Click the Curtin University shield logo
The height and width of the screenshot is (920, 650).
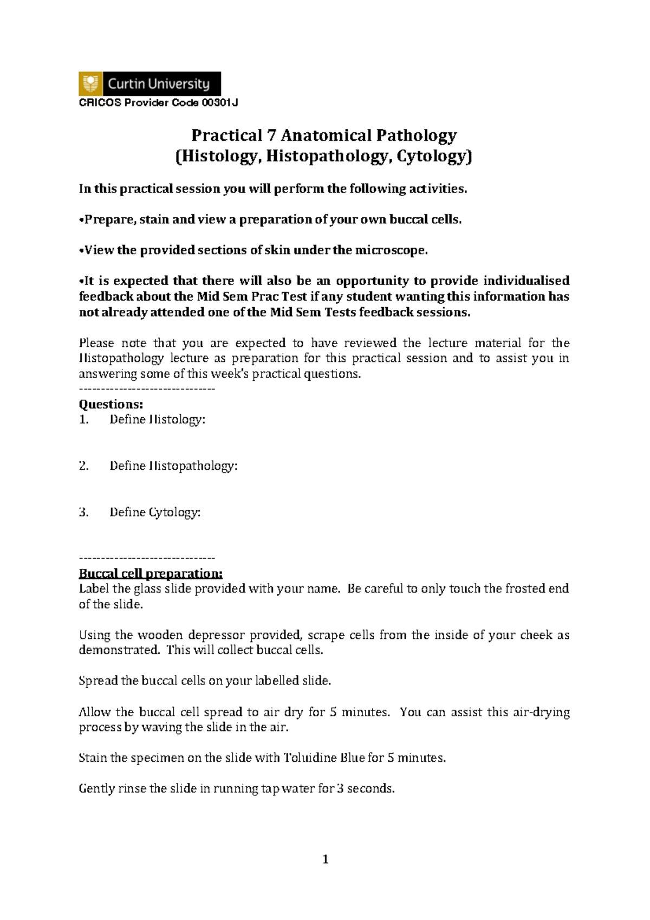90,84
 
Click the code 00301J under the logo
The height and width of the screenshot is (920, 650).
219,103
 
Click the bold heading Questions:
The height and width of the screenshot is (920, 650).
111,404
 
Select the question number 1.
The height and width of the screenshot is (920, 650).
83,419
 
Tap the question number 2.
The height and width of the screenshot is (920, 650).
83,466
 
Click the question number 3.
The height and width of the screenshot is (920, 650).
83,513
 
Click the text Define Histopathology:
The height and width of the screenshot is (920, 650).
173,466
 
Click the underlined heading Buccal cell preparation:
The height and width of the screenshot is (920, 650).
151,574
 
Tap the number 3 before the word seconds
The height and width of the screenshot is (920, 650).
340,789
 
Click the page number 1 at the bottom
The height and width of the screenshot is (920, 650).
325,859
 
